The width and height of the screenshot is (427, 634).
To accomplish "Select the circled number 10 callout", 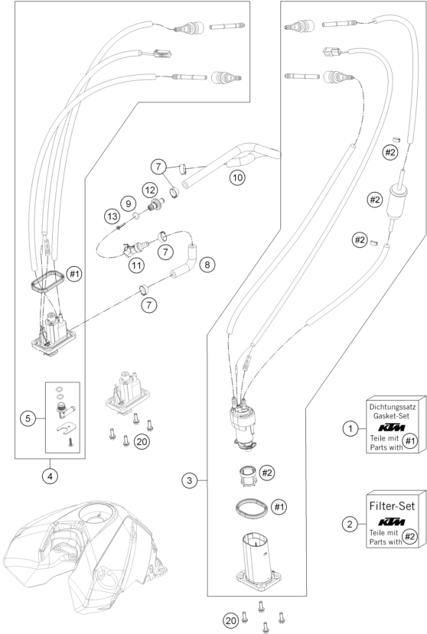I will (237, 177).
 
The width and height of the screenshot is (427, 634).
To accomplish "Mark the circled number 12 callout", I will (149, 188).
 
